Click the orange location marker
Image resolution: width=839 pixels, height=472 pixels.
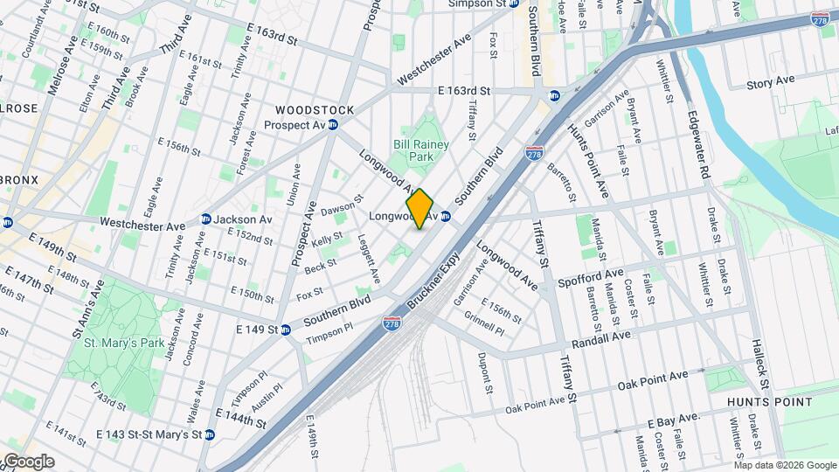(x=420, y=209)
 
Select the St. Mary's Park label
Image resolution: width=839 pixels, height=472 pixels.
(x=124, y=343)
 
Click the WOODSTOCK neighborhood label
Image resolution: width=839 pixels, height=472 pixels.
(x=315, y=110)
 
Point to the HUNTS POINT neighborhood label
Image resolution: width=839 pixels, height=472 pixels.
(x=770, y=402)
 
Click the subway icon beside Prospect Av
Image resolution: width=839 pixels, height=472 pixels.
(x=333, y=125)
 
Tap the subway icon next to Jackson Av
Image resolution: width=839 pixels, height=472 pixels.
(x=206, y=219)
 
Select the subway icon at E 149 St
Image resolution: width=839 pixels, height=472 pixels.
(x=286, y=330)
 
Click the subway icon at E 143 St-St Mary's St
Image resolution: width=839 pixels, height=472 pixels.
(x=210, y=434)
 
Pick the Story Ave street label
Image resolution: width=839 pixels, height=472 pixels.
(x=770, y=80)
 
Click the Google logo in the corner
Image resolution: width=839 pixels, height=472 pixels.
(x=28, y=461)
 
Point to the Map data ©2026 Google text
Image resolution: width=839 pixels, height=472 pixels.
(x=786, y=463)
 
